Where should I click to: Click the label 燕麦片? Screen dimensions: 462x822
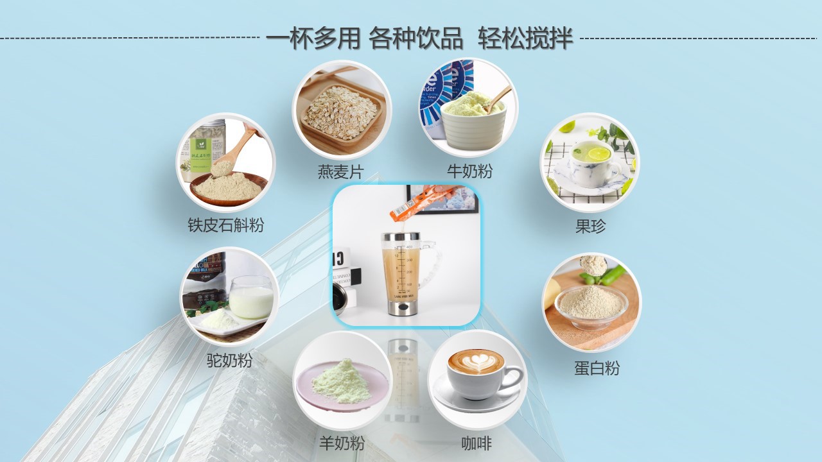pos(340,172)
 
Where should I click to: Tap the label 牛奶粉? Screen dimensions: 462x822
pos(469,171)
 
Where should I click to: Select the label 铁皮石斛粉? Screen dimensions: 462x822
pos(225,225)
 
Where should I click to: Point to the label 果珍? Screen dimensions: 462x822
pos(590,226)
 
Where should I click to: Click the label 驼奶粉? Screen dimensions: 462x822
pos(229,360)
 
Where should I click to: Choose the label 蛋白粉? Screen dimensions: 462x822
pos(597,368)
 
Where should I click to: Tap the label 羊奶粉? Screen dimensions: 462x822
pos(342,443)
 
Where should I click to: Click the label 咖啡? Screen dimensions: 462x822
pos(477,443)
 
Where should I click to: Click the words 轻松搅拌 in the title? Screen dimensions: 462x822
pos(525,39)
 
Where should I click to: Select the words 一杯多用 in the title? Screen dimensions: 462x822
pos(313,39)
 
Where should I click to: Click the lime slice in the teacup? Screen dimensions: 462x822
pos(599,154)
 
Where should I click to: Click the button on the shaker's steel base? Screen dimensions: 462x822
pos(403,308)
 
